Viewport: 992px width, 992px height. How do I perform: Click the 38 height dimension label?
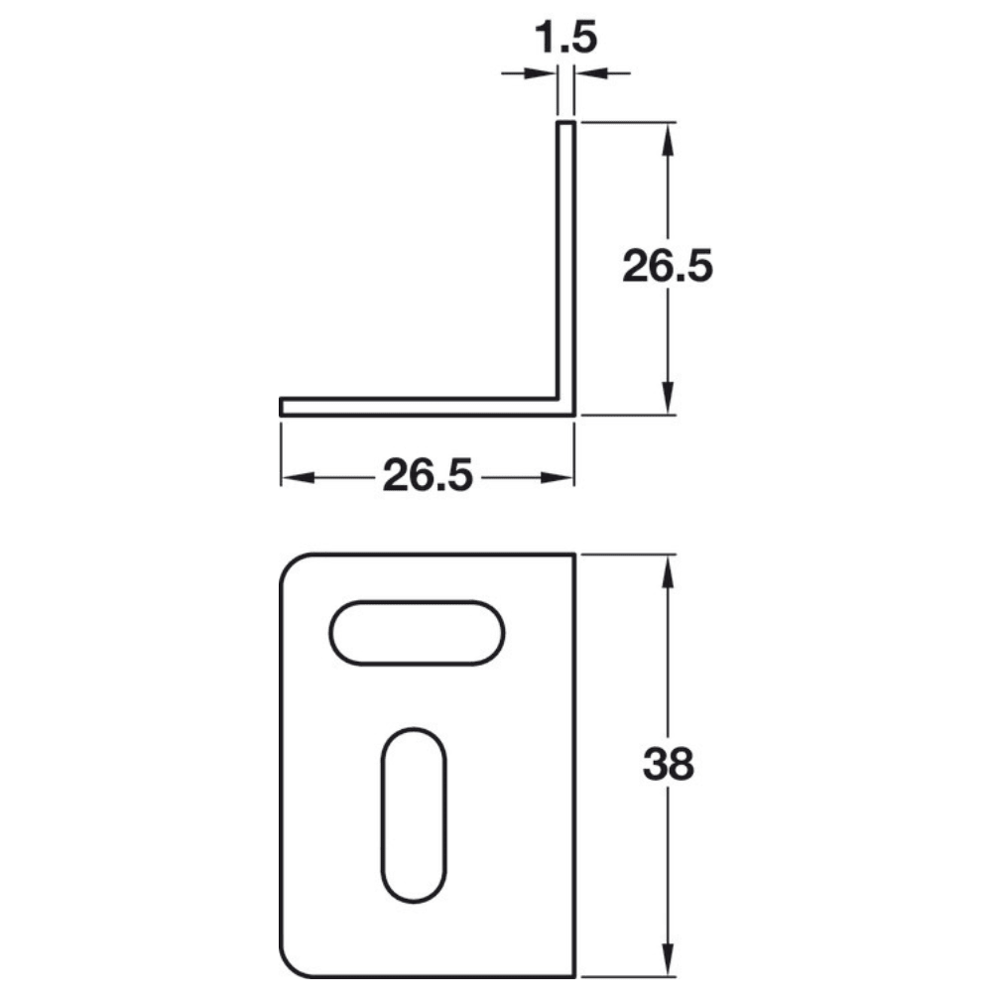pyautogui.click(x=668, y=765)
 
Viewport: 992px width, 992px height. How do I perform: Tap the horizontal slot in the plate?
pyautogui.click(x=418, y=632)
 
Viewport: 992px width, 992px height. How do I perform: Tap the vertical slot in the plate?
pyautogui.click(x=414, y=816)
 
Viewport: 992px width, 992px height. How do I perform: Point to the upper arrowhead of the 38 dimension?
pyautogui.click(x=668, y=571)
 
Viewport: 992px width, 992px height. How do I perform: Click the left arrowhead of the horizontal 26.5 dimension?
pyautogui.click(x=297, y=477)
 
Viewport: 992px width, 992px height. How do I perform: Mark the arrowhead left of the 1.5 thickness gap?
pyautogui.click(x=541, y=72)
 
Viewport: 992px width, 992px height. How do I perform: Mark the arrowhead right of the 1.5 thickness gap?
pyautogui.click(x=589, y=72)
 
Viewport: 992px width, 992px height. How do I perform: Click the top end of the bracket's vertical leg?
pyautogui.click(x=565, y=124)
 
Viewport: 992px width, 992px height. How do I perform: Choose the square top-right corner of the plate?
pyautogui.click(x=574, y=555)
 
